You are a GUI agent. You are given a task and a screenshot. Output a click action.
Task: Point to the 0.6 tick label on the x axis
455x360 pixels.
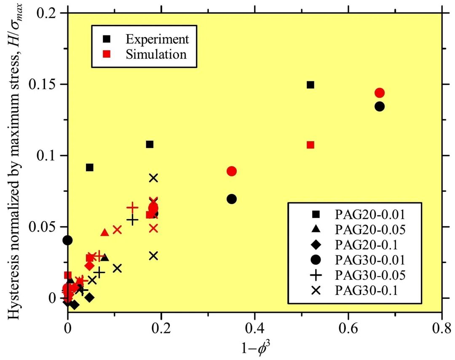[x=348, y=328]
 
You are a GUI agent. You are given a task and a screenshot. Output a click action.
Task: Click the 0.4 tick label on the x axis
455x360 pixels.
[x=254, y=328]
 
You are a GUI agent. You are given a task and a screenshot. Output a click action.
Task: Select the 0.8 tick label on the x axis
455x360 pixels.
[x=441, y=328]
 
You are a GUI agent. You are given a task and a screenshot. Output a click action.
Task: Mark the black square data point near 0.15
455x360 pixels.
[x=310, y=85]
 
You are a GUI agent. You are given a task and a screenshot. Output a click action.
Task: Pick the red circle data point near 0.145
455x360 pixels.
[x=380, y=93]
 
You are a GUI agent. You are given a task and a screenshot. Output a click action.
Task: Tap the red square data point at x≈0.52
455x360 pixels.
[x=310, y=145]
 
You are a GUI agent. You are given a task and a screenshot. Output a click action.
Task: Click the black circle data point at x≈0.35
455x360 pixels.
[x=231, y=199]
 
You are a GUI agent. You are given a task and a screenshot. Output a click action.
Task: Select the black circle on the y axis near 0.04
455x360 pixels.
[x=68, y=240]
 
